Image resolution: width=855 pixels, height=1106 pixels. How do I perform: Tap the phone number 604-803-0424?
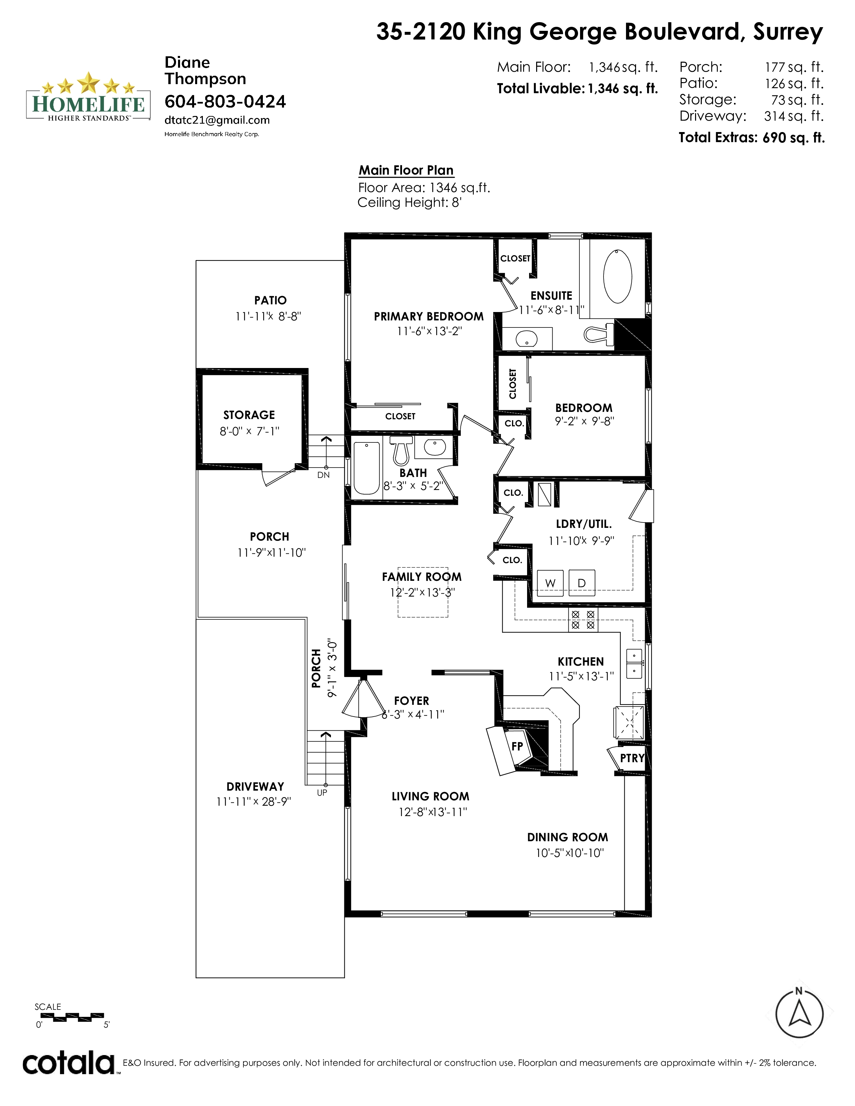point(225,102)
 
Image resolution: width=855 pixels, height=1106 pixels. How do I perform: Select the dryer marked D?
point(581,582)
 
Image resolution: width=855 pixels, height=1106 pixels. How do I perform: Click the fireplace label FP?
point(517,746)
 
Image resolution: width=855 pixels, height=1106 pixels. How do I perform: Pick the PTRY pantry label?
point(632,758)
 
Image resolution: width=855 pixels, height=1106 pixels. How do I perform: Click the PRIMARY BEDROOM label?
point(429,316)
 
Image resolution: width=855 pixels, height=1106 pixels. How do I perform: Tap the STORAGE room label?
point(249,415)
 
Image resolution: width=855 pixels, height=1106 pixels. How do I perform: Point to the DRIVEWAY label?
point(255,787)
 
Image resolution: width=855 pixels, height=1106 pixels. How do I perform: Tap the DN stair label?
point(323,475)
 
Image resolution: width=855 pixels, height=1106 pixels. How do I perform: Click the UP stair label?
point(322,793)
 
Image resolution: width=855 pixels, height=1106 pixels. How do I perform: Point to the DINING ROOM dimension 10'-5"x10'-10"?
point(570,853)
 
